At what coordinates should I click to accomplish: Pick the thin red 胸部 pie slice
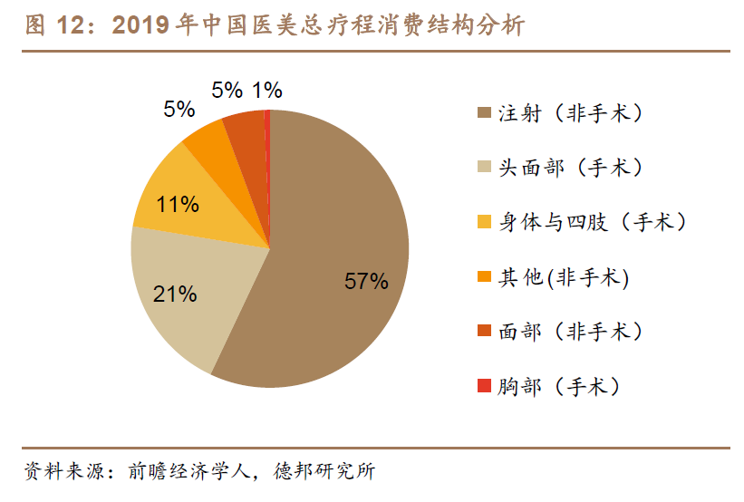point(267,136)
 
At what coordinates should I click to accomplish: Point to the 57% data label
point(366,281)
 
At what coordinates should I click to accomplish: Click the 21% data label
point(176,294)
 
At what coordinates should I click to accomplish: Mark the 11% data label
point(177,204)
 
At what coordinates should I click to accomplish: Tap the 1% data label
point(267,90)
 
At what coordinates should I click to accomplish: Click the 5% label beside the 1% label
point(227,90)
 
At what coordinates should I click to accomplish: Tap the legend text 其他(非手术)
point(563,276)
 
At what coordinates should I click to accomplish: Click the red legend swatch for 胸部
point(484,387)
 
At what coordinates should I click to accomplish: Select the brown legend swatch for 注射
point(484,114)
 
